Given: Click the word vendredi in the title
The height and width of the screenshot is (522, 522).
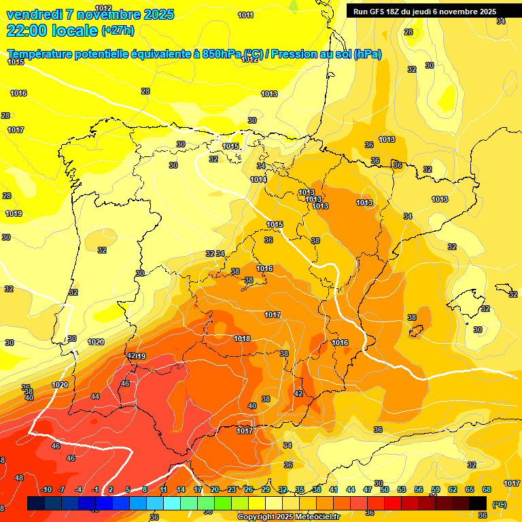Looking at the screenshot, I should click(33, 14).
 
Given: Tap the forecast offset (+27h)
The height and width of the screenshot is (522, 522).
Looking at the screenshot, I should click(118, 31).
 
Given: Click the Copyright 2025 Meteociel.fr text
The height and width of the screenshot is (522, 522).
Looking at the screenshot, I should click(288, 517).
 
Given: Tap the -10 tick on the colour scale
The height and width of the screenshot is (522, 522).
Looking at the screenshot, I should click(46, 490).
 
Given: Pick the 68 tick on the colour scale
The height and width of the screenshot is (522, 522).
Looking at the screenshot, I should click(487, 490).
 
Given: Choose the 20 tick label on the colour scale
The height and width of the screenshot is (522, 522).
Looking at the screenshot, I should click(215, 490).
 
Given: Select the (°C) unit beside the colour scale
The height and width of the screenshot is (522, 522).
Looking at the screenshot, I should click(499, 504).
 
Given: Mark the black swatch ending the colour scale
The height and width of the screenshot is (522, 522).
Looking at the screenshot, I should click(478, 503).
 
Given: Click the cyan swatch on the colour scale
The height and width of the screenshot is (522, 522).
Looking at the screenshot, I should click(172, 503).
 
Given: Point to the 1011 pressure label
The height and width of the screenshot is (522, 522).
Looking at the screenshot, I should click(246, 15).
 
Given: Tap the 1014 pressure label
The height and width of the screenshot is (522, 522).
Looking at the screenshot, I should click(258, 179).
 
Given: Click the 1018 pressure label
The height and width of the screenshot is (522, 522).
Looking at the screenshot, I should click(243, 338).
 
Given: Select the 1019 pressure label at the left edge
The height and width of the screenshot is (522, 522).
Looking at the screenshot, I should click(14, 213).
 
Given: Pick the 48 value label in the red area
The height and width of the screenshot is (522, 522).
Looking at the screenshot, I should click(19, 478).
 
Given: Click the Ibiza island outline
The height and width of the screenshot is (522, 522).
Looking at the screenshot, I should click(416, 331).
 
